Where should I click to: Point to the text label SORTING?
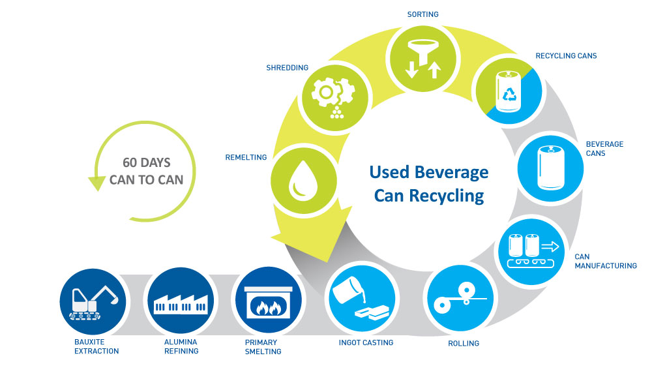(422, 14)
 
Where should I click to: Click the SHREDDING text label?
(288, 68)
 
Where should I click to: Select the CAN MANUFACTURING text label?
(605, 261)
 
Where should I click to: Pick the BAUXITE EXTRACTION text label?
(96, 346)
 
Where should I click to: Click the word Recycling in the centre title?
(447, 196)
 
